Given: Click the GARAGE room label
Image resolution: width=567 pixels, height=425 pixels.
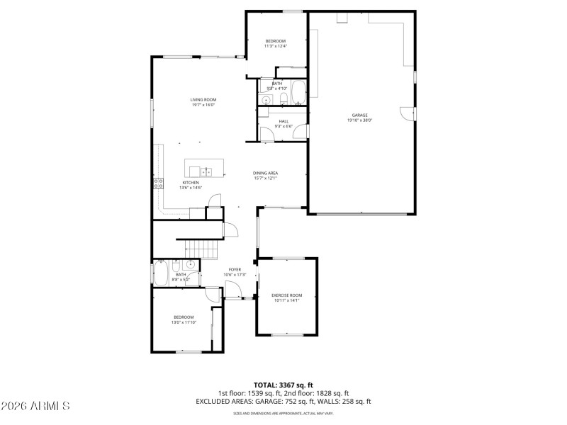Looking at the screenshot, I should coord(359,115).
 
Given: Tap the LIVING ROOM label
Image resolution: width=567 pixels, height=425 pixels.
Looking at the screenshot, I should coord(203,100).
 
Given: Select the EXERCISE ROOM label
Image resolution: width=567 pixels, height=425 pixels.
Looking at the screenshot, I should coord(286,295).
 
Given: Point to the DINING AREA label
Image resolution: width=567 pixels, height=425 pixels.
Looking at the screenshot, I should coord(265,173).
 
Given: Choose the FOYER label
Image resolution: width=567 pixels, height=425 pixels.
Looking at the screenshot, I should coord(235,269).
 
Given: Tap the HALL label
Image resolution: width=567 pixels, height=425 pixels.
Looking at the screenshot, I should coord(283,121).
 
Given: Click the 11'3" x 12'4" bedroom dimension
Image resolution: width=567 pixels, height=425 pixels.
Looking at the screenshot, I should coord(276,47).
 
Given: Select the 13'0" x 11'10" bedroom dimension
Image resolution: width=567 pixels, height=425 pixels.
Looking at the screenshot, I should coord(183,322).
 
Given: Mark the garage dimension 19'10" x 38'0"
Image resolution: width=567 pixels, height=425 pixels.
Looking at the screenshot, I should coord(359,120).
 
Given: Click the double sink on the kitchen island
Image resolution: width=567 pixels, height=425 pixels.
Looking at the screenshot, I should coord(207,171).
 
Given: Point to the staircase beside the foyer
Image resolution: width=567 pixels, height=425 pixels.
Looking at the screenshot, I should coord(203,249).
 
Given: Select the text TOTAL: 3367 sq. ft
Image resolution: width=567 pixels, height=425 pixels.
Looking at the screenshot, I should coord(283,385).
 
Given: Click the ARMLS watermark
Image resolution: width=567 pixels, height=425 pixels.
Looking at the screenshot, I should coord(35,406).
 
